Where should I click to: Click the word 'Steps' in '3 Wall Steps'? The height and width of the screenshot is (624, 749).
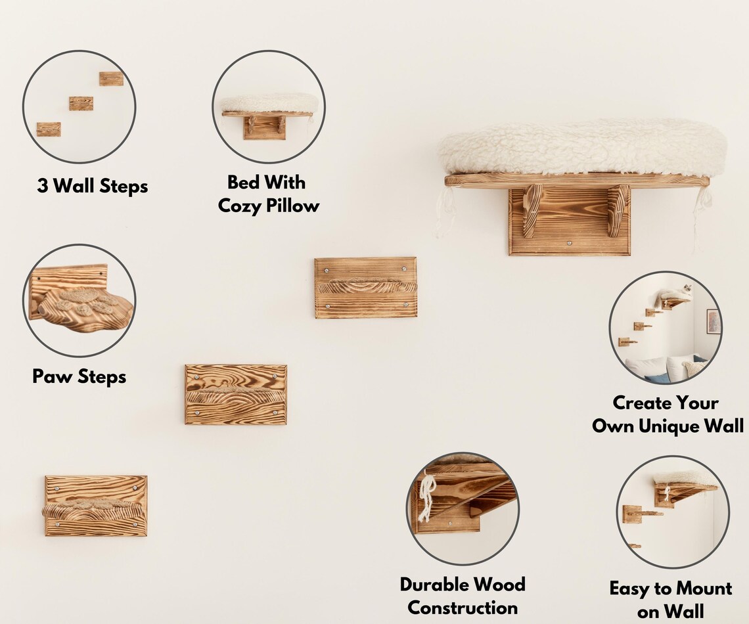(x=124, y=186)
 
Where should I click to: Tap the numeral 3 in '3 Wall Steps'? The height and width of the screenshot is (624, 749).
(x=42, y=186)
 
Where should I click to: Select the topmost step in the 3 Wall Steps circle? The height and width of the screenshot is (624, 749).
(x=111, y=79)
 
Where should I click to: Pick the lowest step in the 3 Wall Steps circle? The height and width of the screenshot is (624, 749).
(x=49, y=129)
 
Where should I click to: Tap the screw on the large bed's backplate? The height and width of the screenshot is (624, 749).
(x=569, y=244)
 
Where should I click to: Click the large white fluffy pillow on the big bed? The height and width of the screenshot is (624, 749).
(x=582, y=147)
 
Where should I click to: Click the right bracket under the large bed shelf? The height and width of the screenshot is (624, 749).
(x=618, y=211)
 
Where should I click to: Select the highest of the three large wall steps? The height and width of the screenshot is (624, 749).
(x=365, y=288)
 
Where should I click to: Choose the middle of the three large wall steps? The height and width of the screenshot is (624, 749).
(x=236, y=395)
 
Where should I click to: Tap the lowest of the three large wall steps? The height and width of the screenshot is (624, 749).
(x=95, y=506)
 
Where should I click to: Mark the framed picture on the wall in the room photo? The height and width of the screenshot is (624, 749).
(x=713, y=322)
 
